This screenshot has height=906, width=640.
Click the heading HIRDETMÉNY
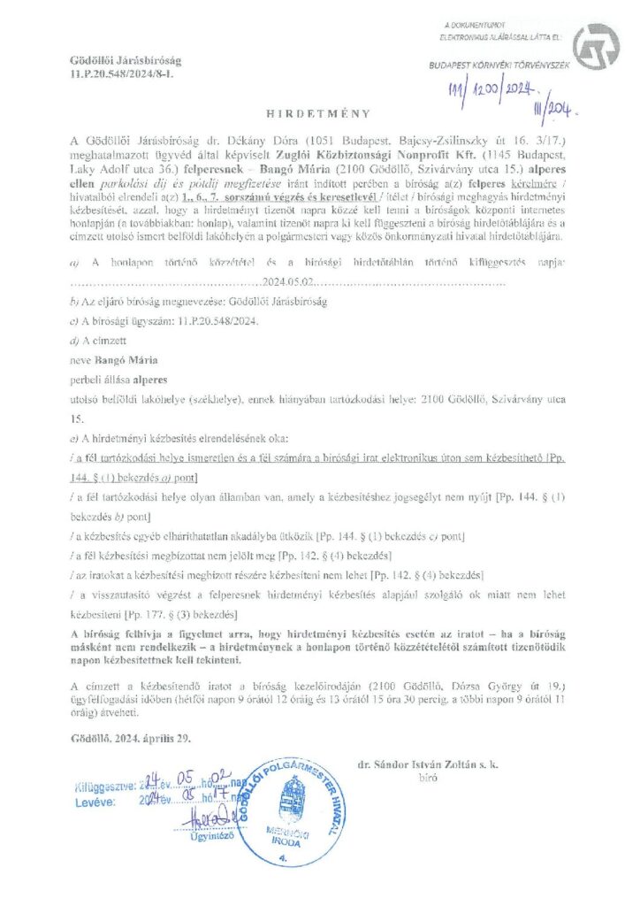(x=319, y=114)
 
